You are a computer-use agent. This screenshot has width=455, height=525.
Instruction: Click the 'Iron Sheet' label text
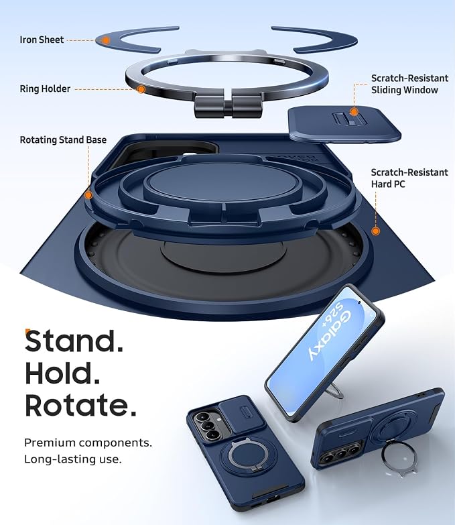(42, 40)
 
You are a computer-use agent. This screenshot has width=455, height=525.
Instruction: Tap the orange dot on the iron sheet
(106, 40)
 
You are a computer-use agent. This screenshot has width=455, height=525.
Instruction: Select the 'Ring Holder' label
(45, 89)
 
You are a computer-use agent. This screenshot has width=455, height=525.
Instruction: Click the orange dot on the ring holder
(141, 89)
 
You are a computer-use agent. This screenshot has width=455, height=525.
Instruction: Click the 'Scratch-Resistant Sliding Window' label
(409, 84)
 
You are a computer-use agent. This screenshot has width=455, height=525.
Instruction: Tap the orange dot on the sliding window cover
(354, 112)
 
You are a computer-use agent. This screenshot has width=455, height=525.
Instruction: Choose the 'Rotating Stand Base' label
(63, 139)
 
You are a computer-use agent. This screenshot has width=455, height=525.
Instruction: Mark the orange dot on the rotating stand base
(88, 195)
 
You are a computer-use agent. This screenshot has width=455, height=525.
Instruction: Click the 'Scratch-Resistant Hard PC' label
(409, 178)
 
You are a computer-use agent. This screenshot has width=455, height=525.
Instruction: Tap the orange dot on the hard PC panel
(376, 231)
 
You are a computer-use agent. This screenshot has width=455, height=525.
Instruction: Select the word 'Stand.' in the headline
(74, 341)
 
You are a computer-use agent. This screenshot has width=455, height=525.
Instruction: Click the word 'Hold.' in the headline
(62, 373)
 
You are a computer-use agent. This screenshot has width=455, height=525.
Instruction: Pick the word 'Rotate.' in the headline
(80, 405)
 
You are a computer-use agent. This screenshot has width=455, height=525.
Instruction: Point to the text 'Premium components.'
(88, 443)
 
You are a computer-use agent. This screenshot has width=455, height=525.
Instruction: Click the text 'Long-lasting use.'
(72, 459)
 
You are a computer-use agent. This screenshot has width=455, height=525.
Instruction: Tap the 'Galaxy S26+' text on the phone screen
(330, 336)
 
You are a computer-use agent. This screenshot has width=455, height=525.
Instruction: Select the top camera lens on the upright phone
(202, 417)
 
